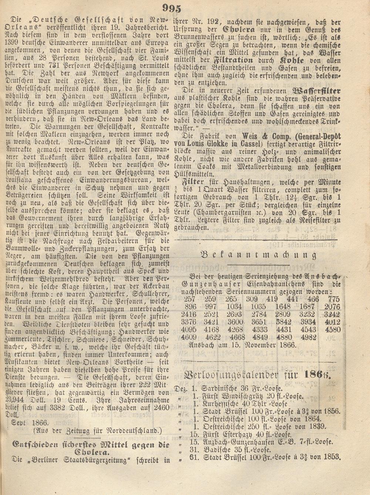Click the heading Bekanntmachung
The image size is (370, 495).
point(259,255)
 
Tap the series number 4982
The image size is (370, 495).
point(309,337)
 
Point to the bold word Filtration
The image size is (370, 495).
point(233,60)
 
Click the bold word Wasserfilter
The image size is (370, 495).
point(316,90)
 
